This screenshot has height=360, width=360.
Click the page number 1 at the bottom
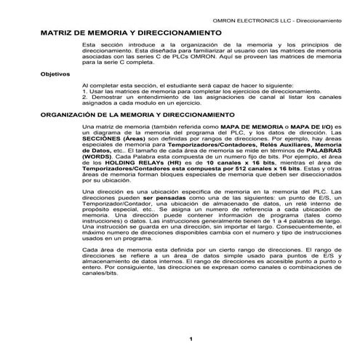point(190,338)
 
